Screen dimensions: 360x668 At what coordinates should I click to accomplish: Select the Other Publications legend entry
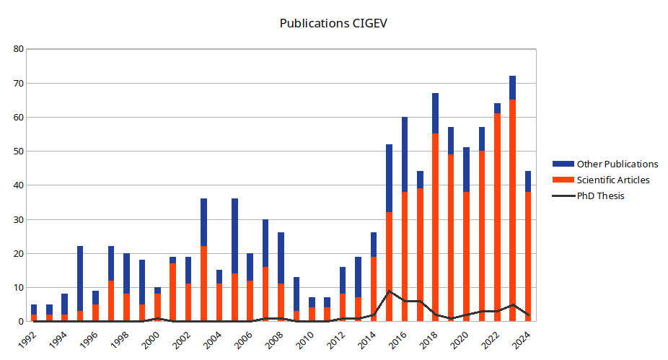(617, 164)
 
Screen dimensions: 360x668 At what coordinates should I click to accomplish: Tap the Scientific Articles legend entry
(613, 180)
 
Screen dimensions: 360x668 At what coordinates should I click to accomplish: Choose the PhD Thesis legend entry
(600, 196)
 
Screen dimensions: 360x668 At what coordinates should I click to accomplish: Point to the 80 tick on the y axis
(19, 49)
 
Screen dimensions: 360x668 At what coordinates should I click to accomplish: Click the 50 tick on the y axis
(19, 152)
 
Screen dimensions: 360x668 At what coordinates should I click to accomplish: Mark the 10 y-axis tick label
(19, 288)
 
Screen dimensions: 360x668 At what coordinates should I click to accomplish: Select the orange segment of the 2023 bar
(512, 210)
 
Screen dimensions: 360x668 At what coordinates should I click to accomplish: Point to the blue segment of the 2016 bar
(405, 154)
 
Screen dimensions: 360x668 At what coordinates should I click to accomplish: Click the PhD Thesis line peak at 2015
(390, 291)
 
